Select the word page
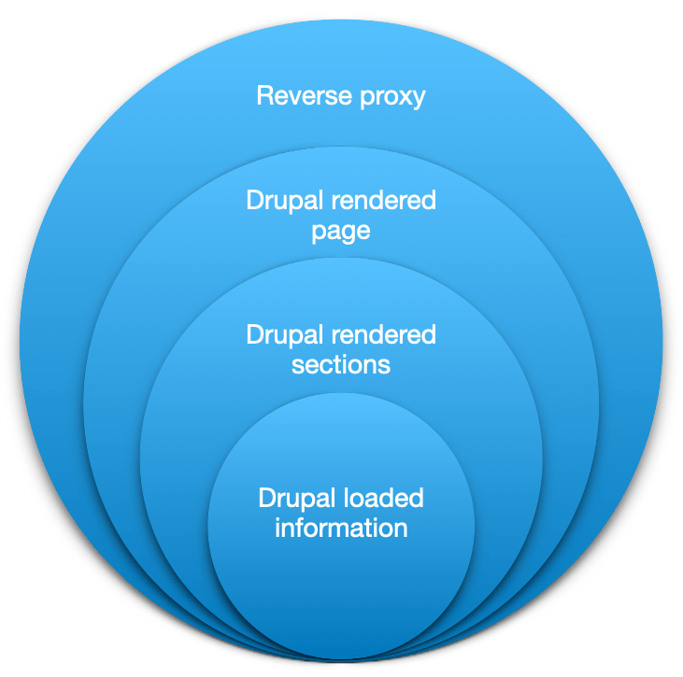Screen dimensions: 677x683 341,231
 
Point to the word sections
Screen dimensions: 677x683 341,363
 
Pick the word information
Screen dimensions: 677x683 341,528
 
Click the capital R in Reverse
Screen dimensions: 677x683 264,95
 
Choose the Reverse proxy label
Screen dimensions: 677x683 341,95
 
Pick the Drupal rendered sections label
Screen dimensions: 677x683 341,348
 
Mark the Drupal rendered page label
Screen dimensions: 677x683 341,216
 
